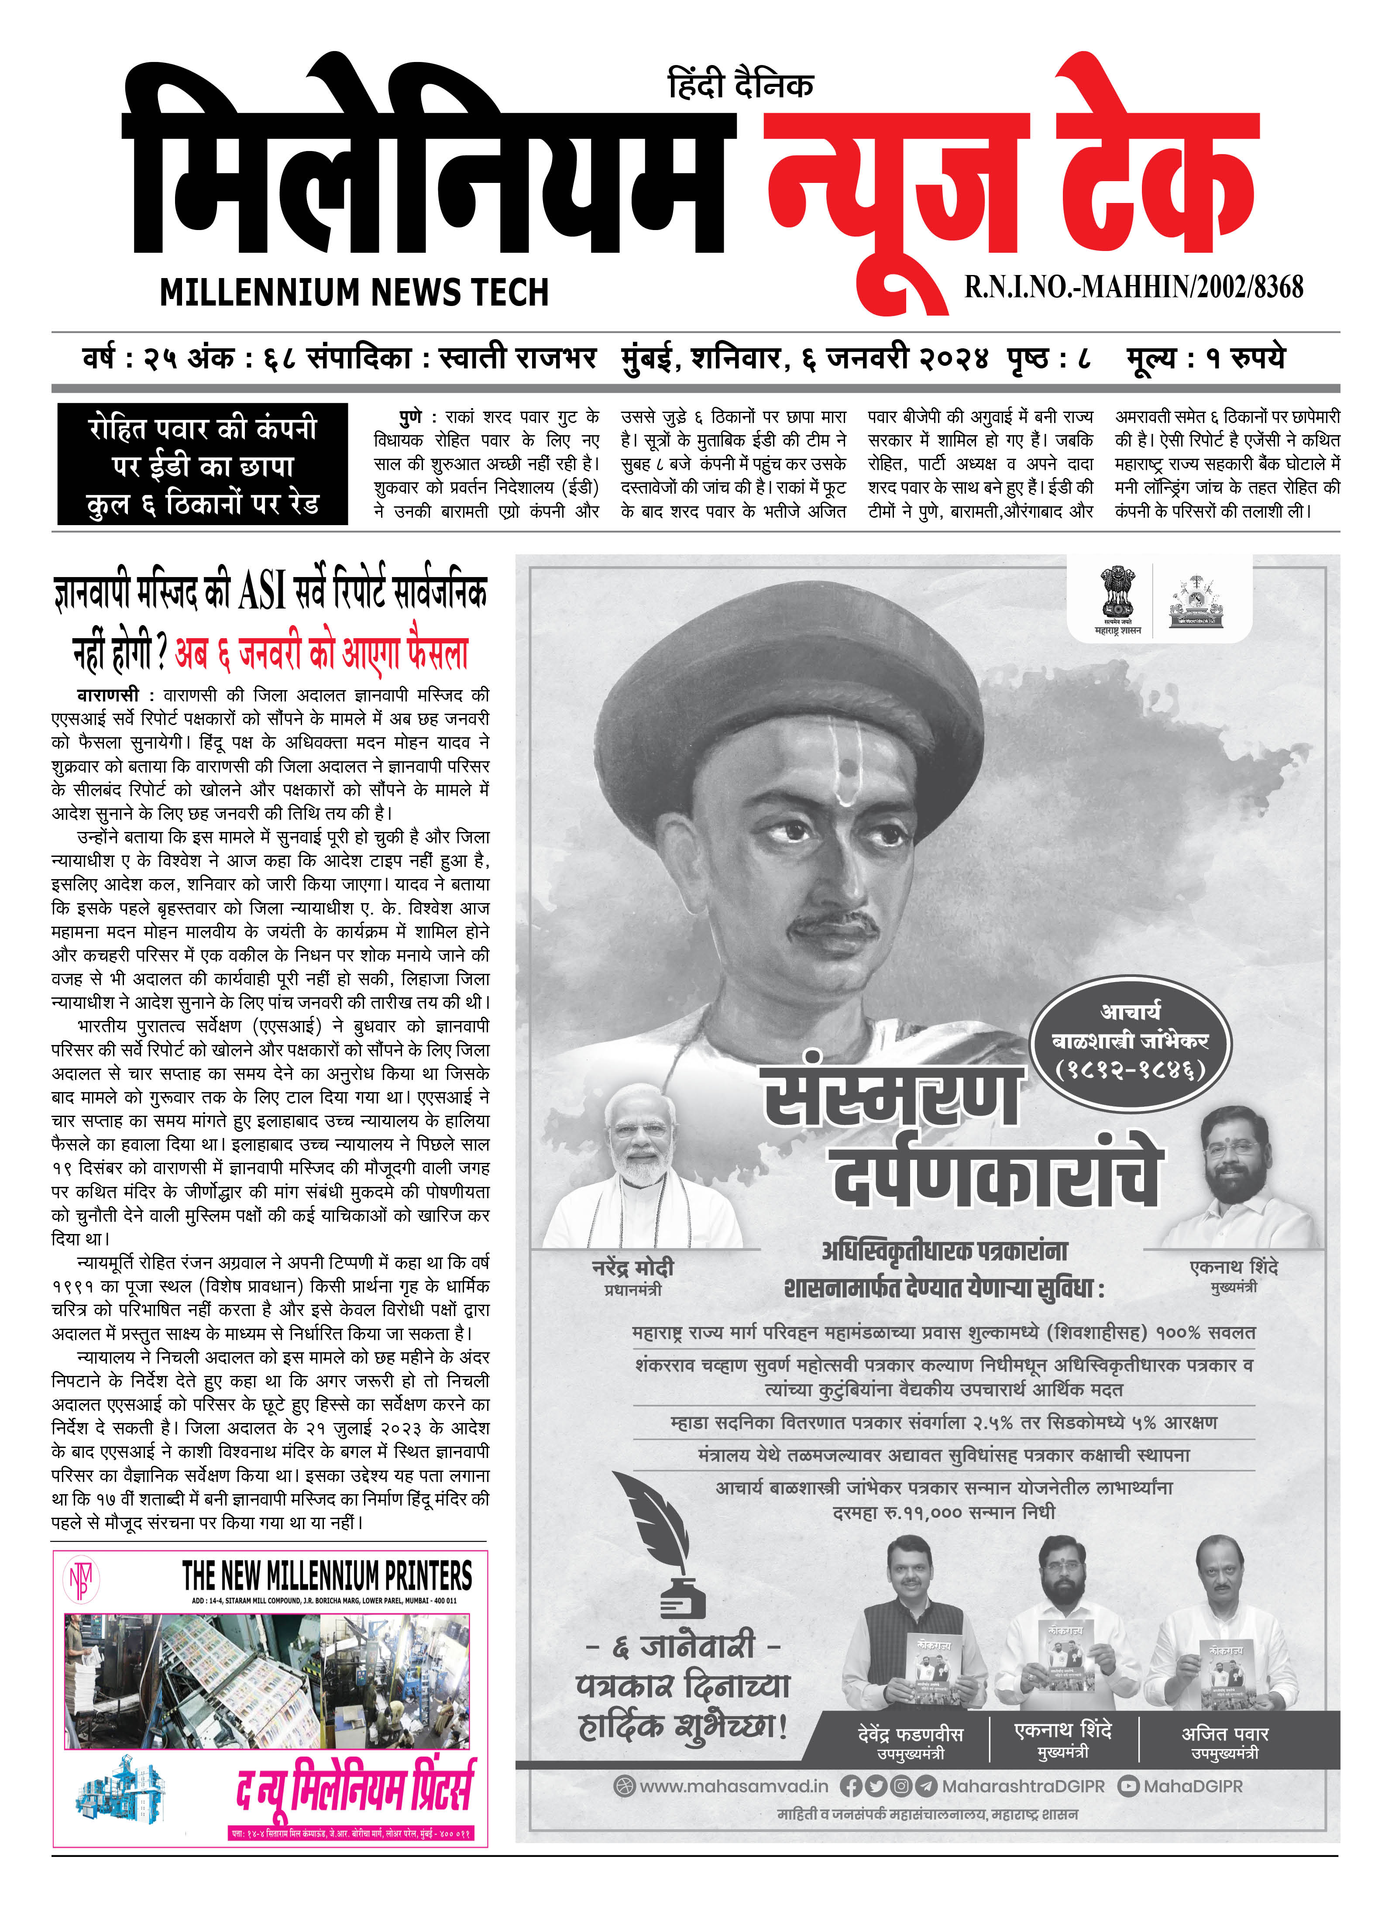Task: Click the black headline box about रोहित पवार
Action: (202, 464)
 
